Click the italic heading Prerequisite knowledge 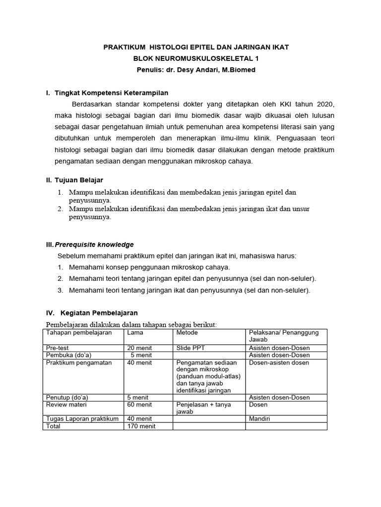tap(94, 245)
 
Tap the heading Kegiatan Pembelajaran tap(99, 313)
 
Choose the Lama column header tap(135, 333)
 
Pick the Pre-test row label tap(57, 348)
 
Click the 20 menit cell tap(139, 348)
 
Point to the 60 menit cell tap(139, 405)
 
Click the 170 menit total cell tap(141, 426)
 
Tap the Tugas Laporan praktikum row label tap(82, 419)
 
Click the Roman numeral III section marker tap(49, 245)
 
